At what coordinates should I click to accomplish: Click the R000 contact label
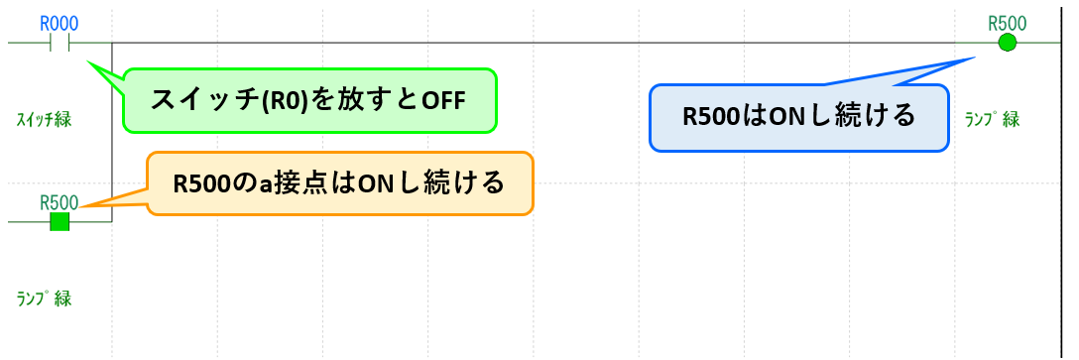59,23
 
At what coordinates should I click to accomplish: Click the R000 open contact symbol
60,44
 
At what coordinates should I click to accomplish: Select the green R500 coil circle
1008,43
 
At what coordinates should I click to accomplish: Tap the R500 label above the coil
1008,23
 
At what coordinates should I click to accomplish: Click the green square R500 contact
60,222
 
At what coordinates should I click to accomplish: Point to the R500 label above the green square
59,202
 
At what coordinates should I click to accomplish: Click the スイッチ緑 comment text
44,120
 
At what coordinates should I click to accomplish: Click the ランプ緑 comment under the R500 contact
44,298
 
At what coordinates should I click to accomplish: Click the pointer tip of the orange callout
81,207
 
